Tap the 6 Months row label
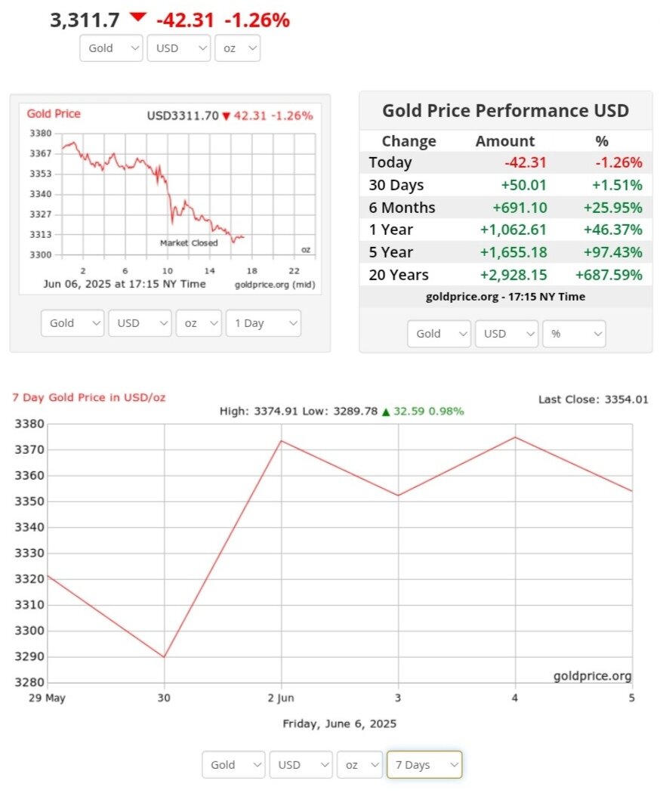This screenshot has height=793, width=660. pos(402,207)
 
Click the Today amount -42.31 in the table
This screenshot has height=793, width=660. pos(525,162)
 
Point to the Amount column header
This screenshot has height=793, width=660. pos(504,141)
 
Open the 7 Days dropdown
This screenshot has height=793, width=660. pos(424,764)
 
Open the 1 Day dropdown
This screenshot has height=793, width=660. pos(263,323)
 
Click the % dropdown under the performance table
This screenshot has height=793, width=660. pos(573,333)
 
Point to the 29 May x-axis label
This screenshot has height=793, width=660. pos(46,698)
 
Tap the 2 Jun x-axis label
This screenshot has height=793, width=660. pos(281,698)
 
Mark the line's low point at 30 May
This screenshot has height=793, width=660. pos(164,657)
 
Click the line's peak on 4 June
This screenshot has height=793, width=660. pos(515,437)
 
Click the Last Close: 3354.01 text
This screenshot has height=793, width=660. pos(593,400)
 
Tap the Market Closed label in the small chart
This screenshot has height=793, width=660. pos(189,243)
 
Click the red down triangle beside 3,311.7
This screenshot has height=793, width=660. pos(137,17)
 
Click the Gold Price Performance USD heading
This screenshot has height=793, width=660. pos(505,111)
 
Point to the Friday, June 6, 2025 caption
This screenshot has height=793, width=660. pos(339,724)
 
